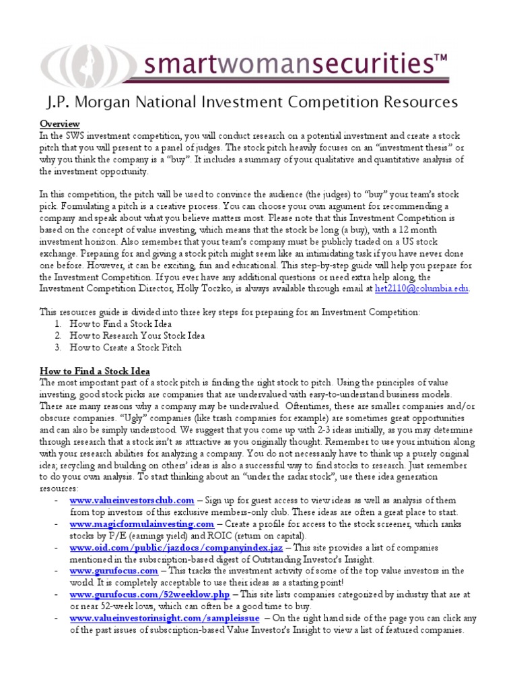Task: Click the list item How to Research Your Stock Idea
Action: coord(137,336)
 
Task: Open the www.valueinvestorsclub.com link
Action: coord(132,501)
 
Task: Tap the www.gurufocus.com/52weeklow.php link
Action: coord(149,595)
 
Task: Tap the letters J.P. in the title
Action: coord(59,102)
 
